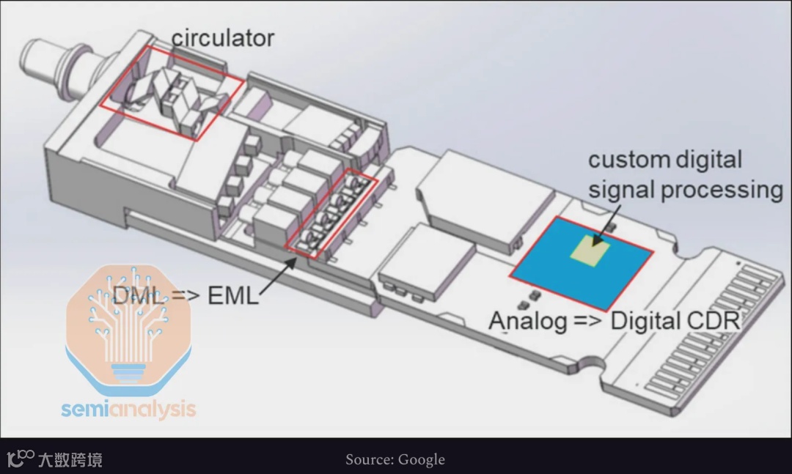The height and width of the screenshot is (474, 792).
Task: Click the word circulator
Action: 223,37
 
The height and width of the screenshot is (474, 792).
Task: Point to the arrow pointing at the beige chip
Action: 601,229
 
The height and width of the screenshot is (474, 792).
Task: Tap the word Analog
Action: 528,321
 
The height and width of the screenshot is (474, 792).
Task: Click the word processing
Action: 722,190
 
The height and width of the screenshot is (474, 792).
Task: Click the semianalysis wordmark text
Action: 128,407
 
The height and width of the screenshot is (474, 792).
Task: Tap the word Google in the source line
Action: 421,460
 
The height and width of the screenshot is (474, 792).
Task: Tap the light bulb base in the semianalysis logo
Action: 128,371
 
